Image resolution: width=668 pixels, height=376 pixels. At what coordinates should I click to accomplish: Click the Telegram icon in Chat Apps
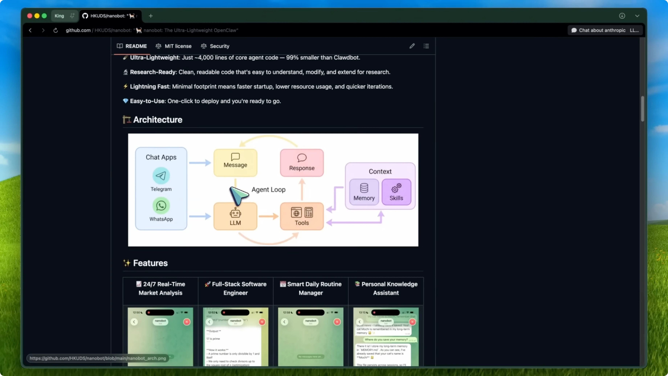[161, 176]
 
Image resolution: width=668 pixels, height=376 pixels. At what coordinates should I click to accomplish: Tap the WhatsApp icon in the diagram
[161, 206]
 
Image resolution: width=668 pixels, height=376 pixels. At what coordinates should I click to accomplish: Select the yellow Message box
[235, 163]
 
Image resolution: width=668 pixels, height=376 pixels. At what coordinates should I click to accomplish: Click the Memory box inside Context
[364, 192]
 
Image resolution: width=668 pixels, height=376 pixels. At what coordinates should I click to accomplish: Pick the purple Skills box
[396, 192]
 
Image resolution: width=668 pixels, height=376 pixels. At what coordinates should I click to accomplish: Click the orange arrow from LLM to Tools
[269, 216]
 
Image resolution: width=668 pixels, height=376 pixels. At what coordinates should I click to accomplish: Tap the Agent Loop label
[268, 190]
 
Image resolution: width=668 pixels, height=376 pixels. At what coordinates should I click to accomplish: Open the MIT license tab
[174, 46]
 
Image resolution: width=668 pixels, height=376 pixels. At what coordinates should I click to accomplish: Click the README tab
[132, 46]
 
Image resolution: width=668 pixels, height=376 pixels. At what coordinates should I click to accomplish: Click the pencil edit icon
[412, 46]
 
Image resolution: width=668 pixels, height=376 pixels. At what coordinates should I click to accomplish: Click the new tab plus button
[151, 16]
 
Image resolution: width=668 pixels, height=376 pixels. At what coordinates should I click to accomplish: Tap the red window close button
[30, 16]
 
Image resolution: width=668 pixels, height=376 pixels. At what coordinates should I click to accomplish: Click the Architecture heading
[157, 120]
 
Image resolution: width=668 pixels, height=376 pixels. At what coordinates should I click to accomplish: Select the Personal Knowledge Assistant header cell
[386, 288]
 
